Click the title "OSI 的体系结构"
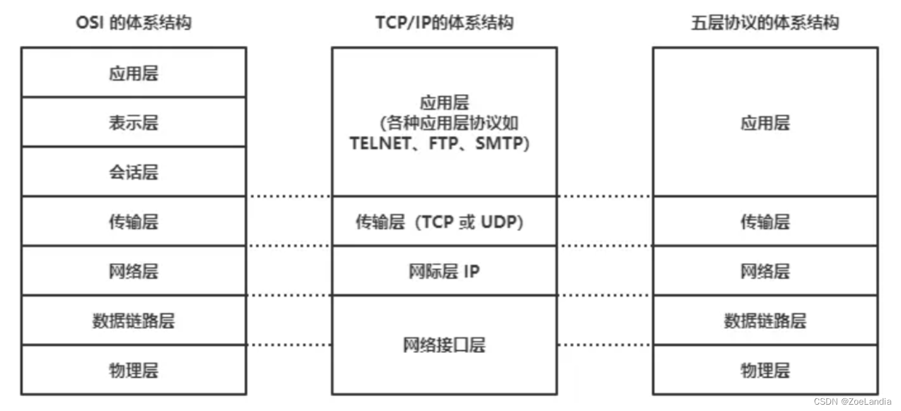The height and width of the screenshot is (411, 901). (x=133, y=23)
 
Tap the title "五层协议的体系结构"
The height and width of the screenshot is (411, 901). (x=765, y=23)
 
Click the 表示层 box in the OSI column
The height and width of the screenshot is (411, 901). (x=133, y=122)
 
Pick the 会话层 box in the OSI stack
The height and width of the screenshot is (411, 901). (x=133, y=172)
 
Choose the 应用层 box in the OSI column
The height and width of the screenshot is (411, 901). (x=133, y=73)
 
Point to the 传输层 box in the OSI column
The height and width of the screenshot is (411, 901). (x=133, y=222)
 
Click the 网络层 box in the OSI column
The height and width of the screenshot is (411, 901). (x=133, y=271)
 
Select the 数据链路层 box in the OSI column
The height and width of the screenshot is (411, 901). (x=133, y=321)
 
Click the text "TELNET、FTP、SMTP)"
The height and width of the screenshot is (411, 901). (x=440, y=144)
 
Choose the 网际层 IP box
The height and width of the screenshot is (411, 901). (x=444, y=271)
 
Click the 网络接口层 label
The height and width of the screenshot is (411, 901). (x=444, y=345)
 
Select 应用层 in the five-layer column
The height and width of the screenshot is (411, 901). (x=765, y=122)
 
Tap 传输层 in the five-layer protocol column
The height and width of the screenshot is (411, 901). (x=765, y=222)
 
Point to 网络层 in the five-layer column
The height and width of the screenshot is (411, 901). (x=765, y=271)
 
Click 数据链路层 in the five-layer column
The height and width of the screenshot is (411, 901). (x=765, y=321)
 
